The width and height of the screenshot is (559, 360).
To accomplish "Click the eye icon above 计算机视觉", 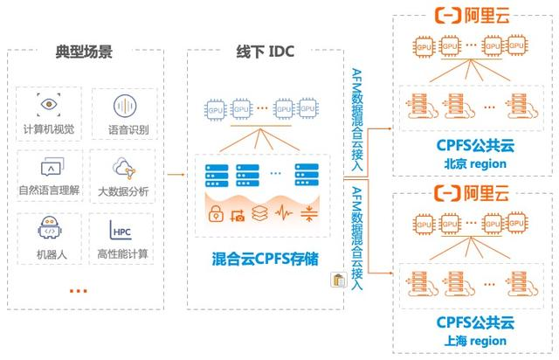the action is (49, 105).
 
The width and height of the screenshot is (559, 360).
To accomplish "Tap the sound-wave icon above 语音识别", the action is (125, 106).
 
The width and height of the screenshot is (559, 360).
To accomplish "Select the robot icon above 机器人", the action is (50, 227).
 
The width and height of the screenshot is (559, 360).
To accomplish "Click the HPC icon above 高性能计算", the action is (121, 230).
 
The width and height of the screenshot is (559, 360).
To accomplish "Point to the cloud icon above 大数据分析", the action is (124, 168).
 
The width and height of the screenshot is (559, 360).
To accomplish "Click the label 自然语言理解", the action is (49, 190).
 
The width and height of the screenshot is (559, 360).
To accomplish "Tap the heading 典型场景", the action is (84, 52).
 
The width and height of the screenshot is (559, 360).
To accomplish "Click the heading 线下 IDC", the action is (266, 52).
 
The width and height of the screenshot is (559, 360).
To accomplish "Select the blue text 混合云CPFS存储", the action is (266, 259).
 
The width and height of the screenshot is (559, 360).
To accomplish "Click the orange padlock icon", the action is (216, 213).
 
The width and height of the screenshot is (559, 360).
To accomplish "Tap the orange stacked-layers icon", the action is (259, 213).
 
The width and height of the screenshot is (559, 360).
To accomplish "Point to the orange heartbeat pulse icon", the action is (284, 212).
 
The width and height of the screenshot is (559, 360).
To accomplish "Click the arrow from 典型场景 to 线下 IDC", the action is (176, 175).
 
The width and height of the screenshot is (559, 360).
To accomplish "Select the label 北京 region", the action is (475, 163).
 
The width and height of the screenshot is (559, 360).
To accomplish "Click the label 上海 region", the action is (475, 341).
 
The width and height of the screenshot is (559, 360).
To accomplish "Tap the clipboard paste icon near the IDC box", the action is (339, 280).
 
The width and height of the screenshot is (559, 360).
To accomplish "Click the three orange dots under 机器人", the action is (79, 291).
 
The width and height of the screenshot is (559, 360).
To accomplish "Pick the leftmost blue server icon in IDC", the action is (217, 176).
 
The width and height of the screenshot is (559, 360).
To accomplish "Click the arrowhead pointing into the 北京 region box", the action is (390, 128).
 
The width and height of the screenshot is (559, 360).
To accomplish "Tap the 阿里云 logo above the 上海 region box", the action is (472, 193).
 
